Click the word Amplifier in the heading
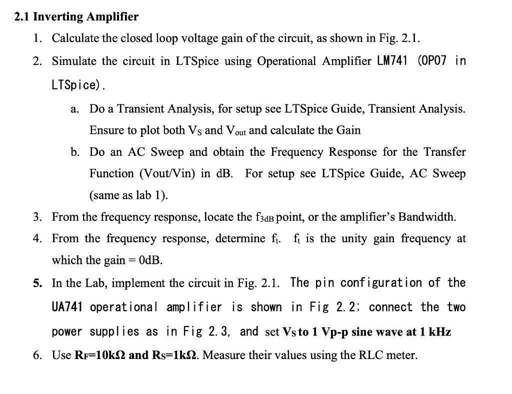pos(112,17)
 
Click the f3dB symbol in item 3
pos(265,218)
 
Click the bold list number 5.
pos(37,283)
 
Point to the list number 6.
pos(37,356)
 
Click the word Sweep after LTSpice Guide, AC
pos(448,174)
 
